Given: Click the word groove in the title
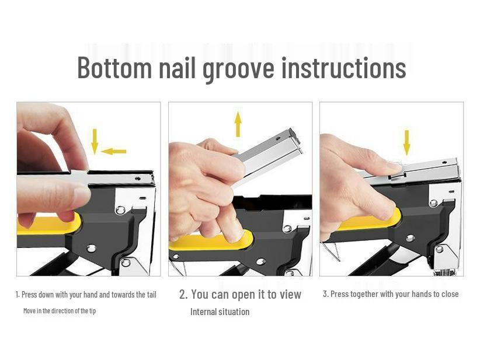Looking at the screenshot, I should tap(238, 68).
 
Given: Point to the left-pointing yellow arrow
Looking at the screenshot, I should tap(113, 152).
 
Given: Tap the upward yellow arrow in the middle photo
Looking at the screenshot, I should tap(238, 124).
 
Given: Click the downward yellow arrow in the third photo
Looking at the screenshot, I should tap(406, 142).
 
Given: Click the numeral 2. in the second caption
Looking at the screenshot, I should tap(183, 294).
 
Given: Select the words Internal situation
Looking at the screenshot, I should tap(220, 312).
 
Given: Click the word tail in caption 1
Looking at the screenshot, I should tap(150, 295).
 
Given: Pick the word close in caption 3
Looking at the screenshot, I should tap(450, 294).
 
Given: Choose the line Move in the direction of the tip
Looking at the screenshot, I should tap(59, 310).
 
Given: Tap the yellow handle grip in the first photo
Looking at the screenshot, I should tap(47, 225).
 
